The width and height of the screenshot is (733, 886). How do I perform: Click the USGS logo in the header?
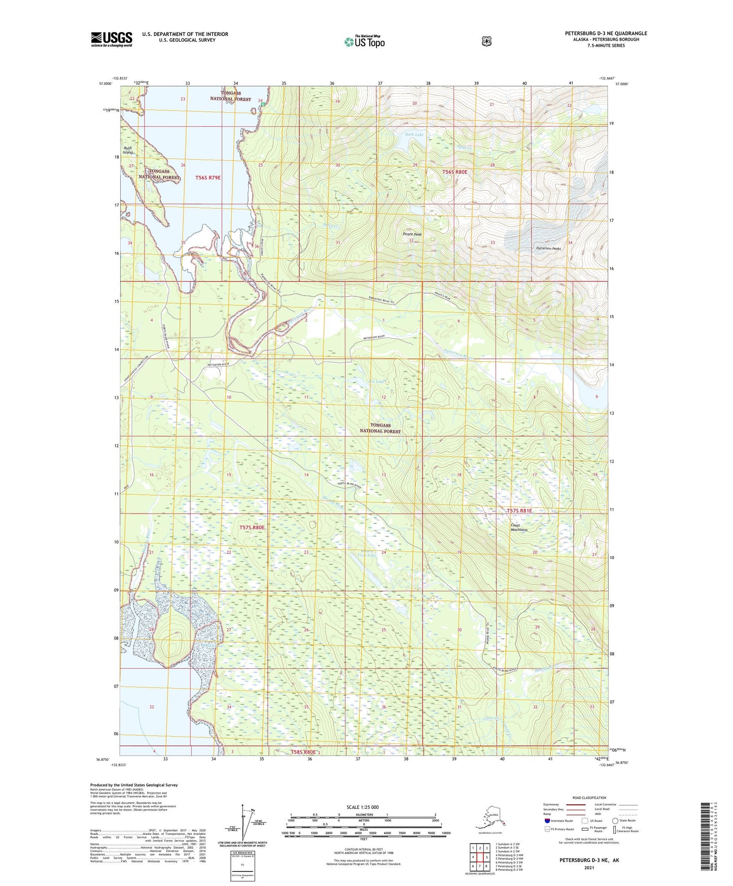point(112,39)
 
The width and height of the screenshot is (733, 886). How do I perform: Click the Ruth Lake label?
point(414,135)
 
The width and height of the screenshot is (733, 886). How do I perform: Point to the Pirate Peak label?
point(412,234)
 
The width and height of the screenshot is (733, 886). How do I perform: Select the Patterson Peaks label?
point(549,249)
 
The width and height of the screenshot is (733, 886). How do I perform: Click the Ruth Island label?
point(128,150)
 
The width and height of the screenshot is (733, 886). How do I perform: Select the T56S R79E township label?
point(208,178)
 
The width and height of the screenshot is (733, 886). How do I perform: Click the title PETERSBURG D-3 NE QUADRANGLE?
point(606,33)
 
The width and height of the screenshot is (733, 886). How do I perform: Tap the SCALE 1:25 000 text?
point(362,807)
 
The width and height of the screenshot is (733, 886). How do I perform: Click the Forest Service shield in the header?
point(486,41)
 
